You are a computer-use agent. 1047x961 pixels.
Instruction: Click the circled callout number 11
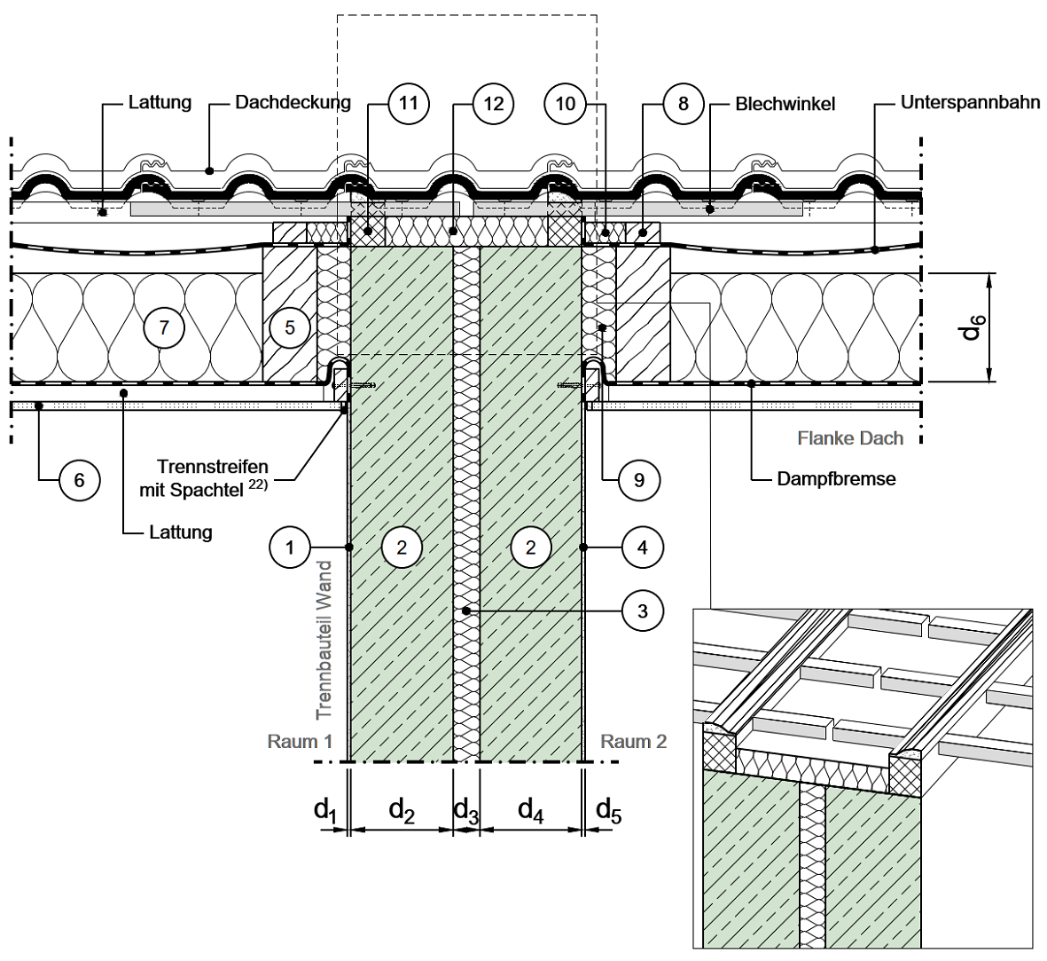(408, 103)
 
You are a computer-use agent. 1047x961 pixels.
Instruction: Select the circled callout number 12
(493, 103)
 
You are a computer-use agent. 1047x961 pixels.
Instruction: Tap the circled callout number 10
(565, 103)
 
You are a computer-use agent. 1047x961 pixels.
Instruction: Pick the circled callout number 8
(682, 103)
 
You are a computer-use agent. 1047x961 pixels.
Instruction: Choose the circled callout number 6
(79, 480)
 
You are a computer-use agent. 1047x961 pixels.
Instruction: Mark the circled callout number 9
(638, 480)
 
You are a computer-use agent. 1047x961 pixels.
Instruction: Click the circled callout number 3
(642, 610)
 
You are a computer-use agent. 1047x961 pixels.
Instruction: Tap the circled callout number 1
(290, 547)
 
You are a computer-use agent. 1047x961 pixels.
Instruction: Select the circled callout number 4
(642, 547)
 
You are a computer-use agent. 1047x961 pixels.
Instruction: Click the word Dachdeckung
(293, 102)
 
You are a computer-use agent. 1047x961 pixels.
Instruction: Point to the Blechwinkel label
(785, 104)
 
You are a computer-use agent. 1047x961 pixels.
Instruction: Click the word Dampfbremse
(836, 479)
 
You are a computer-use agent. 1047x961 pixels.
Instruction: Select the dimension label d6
(973, 326)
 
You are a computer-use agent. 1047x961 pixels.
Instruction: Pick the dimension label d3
(465, 809)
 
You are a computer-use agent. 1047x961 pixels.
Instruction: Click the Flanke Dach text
(850, 437)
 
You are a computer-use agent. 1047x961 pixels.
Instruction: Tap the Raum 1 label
(300, 741)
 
